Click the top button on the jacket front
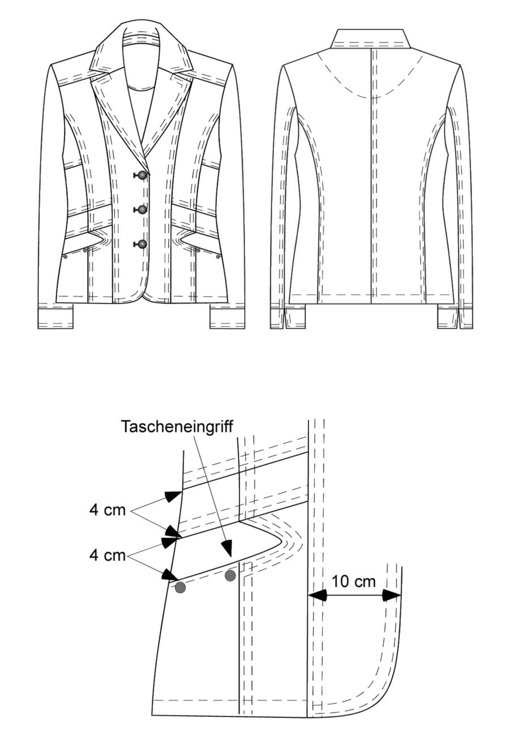pos(142,175)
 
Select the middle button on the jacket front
pos(142,209)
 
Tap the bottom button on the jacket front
pos(142,244)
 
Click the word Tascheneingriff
pos(177,427)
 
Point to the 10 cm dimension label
pos(353,581)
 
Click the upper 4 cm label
pos(108,510)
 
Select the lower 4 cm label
pos(108,555)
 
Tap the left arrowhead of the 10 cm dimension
pos(318,595)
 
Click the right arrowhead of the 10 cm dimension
pos(392,595)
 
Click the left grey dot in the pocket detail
pos(181,588)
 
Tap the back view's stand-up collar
pos(371,39)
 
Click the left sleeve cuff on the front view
pos(55,318)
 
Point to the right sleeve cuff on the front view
pos(228,318)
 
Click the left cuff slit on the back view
pos(284,318)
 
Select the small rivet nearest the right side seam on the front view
pos(218,256)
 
